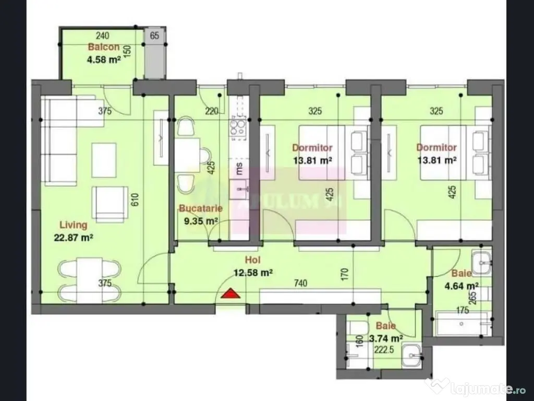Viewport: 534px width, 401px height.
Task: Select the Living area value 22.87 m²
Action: [73, 237]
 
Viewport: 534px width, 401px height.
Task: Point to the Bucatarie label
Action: [201, 208]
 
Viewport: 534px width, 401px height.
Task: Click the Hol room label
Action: [253, 260]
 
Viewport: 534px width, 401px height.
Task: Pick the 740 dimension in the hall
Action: [300, 283]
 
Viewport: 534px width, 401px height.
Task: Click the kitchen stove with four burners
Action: [238, 126]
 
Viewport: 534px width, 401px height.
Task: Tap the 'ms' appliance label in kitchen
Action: [239, 168]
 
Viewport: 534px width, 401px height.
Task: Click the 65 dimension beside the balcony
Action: [154, 36]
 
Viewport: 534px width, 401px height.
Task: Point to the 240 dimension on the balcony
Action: [103, 36]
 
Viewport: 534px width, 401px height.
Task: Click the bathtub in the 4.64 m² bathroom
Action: [462, 324]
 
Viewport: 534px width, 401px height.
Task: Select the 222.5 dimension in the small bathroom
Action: [384, 350]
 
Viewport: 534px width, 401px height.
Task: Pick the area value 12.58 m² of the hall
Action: [253, 272]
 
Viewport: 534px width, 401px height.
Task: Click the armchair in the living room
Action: [110, 203]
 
